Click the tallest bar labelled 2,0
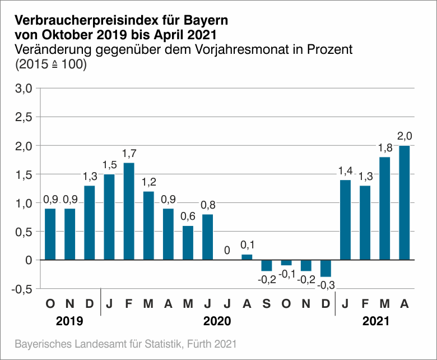coord(404,202)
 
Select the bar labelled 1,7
coord(129,211)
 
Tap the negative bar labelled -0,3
coord(326,268)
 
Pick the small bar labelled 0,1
coord(247,257)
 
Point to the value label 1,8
coord(384,148)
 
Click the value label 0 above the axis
coord(227,251)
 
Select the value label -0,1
coord(286,274)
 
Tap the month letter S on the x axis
coord(266,304)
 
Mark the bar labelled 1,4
coord(345,220)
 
